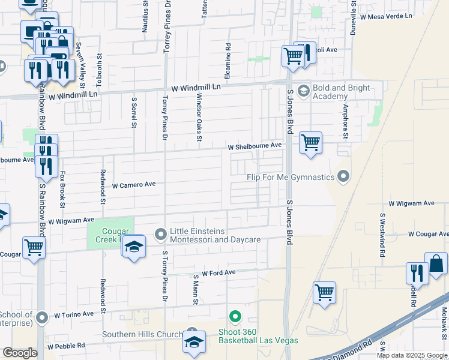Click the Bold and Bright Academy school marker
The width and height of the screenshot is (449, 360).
click(x=303, y=90)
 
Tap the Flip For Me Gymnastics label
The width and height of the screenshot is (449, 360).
click(x=290, y=178)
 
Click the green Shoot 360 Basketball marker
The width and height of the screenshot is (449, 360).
click(x=235, y=316)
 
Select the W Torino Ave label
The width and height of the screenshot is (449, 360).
click(x=74, y=314)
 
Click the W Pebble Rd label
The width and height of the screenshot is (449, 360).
click(x=66, y=346)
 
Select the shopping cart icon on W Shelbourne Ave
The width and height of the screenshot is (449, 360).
click(x=310, y=143)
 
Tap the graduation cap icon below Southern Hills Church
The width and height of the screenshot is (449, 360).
click(x=194, y=341)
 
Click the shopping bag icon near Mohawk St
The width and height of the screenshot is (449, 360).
click(x=436, y=263)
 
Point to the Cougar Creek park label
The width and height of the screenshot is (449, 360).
click(x=108, y=235)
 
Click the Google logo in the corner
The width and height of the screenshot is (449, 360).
click(x=20, y=353)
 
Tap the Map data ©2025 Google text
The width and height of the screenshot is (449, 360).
click(x=411, y=355)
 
